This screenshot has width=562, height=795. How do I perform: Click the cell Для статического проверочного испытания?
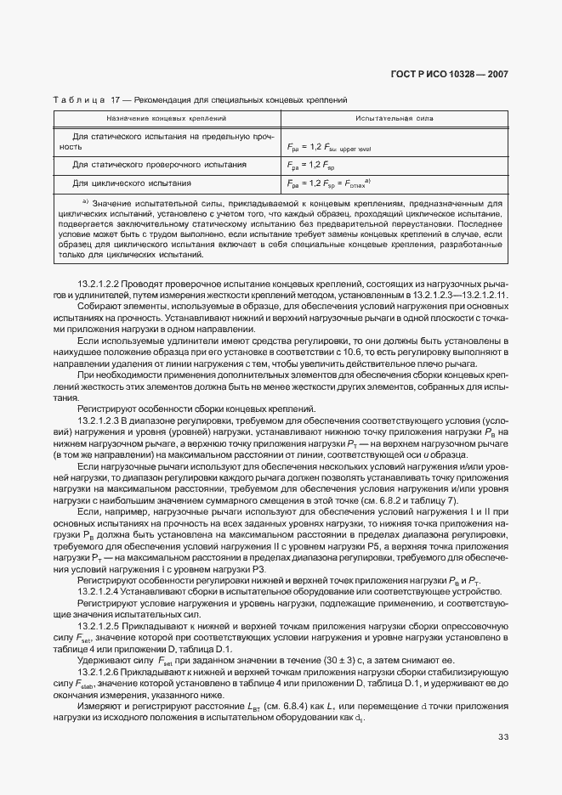coord(160,164)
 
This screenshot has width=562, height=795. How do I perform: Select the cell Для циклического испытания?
coord(131,183)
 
